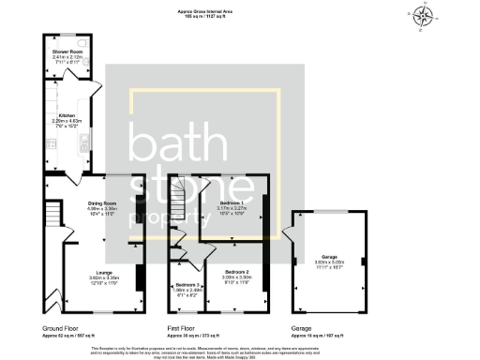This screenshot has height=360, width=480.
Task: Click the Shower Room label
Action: point(66,51)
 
